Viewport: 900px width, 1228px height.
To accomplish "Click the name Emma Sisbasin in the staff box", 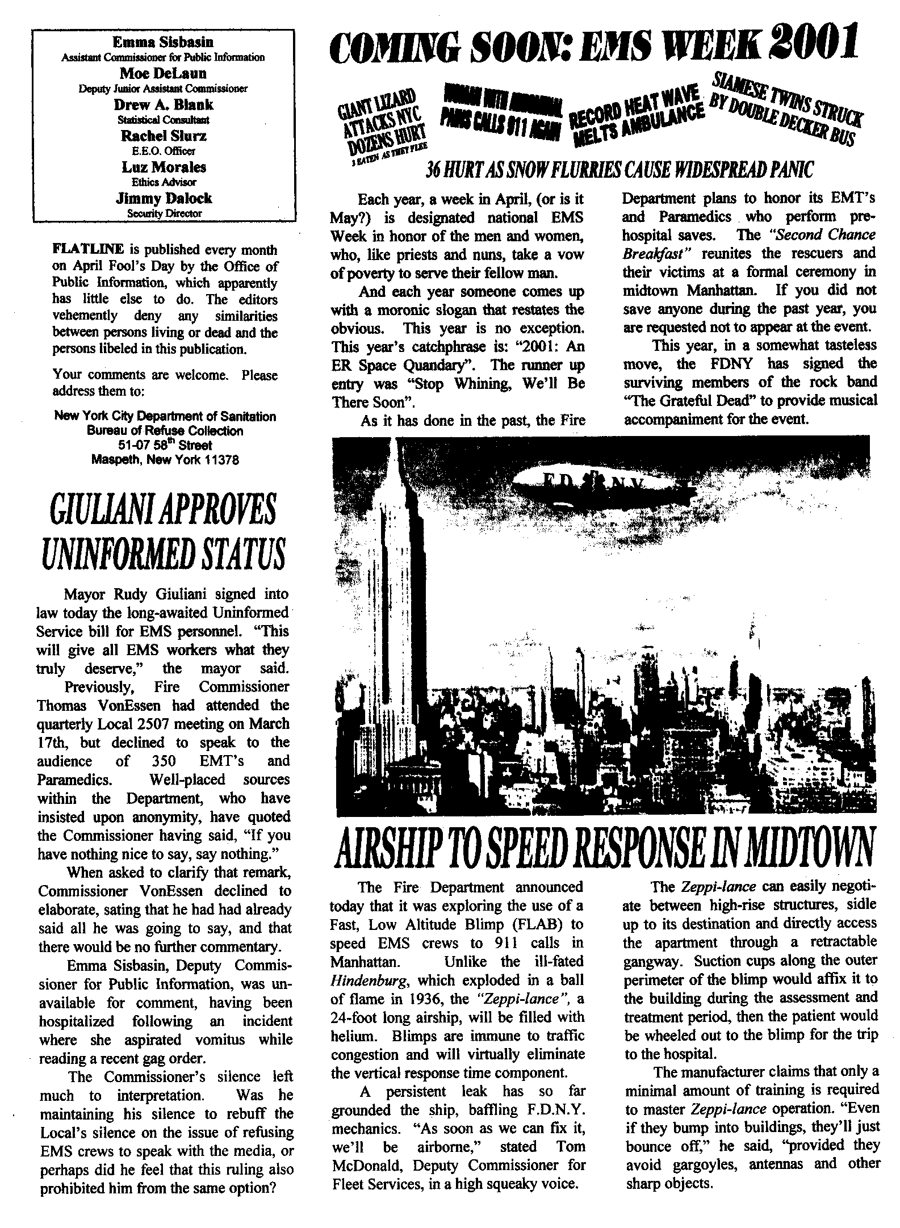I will (163, 43).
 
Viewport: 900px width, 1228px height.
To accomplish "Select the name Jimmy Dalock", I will (164, 198).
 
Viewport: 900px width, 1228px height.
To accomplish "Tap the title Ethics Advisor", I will (164, 183).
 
